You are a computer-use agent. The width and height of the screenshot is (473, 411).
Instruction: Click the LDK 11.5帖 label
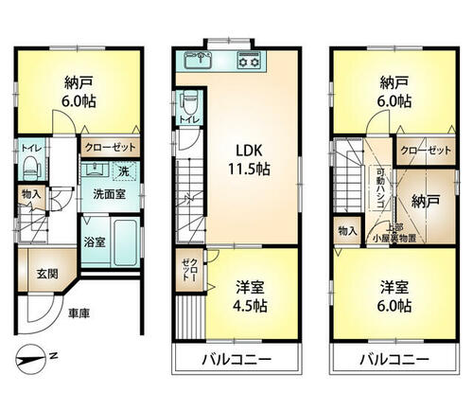(249, 160)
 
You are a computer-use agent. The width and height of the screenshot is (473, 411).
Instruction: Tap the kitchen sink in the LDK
(199, 60)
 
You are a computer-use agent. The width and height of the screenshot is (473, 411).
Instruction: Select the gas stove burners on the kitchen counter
(249, 60)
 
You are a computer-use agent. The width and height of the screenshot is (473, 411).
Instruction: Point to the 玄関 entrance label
(47, 274)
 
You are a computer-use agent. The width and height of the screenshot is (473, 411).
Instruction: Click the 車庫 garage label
(79, 313)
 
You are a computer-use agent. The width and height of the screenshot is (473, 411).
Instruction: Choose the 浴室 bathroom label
(95, 242)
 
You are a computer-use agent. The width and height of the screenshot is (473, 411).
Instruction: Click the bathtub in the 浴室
(126, 242)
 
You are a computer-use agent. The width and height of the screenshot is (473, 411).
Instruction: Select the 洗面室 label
(110, 194)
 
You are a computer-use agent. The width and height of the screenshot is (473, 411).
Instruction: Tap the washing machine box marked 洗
(124, 171)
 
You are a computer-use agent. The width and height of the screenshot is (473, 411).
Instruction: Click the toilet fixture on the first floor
(30, 168)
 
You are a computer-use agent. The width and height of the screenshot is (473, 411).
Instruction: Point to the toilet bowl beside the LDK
(189, 102)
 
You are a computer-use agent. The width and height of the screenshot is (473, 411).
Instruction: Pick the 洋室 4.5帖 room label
(250, 296)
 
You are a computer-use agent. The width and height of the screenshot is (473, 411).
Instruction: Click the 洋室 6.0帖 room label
(394, 296)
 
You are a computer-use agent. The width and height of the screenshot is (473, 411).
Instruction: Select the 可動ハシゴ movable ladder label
(380, 188)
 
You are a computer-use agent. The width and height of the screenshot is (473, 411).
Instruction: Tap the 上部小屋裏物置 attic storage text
(394, 234)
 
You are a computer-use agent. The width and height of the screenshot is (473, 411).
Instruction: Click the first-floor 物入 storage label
(31, 194)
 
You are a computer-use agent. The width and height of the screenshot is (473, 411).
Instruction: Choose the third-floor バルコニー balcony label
(394, 359)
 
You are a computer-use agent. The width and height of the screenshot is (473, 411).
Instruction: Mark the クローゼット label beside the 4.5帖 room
(190, 270)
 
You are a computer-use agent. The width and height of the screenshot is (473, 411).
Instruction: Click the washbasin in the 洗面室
(96, 170)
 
